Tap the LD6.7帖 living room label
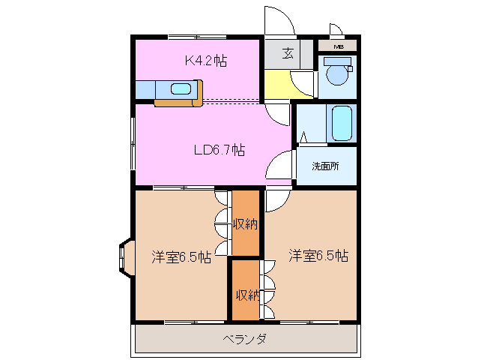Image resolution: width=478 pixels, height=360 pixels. (219, 150)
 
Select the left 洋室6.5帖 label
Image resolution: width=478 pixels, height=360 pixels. (181, 257)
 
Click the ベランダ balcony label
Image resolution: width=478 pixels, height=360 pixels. (244, 339)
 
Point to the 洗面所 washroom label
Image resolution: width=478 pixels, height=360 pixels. (325, 166)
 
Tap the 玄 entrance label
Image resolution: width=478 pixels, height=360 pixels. (288, 53)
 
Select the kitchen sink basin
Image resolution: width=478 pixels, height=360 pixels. (181, 89)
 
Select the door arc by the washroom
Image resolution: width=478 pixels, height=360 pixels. (280, 165)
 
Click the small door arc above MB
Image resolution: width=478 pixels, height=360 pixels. (335, 30)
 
